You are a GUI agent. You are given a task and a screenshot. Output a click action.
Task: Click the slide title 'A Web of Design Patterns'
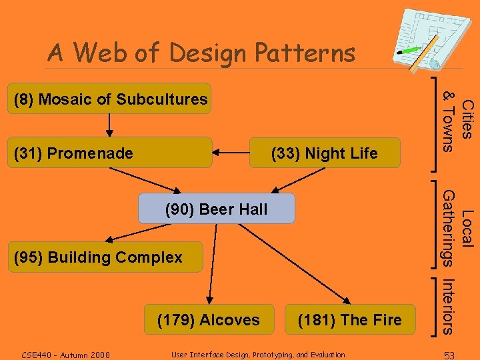click(201, 52)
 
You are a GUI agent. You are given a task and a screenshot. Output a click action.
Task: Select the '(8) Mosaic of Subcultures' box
click(111, 99)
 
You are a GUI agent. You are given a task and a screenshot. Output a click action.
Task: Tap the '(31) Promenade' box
click(111, 153)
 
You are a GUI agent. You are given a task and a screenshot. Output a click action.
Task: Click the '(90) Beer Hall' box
click(216, 209)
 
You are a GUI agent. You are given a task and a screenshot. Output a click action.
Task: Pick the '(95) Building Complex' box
click(103, 257)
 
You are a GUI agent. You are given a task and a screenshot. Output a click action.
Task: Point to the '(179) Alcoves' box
click(208, 319)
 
